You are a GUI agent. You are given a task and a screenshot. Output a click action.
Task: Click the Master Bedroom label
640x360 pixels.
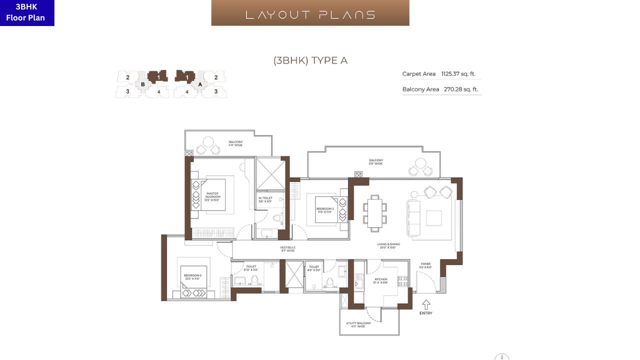tap(212, 196)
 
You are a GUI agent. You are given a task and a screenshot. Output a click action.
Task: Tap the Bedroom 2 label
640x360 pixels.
tap(192, 277)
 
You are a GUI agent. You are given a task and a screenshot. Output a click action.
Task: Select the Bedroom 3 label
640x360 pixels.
tap(324, 210)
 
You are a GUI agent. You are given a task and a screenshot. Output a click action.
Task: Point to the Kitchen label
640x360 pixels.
tap(381, 281)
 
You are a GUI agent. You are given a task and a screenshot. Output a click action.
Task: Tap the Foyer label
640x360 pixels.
tap(425, 265)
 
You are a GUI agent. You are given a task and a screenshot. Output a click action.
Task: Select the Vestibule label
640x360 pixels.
tap(287, 248)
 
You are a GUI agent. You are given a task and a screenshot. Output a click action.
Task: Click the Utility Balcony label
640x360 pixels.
tap(358, 324)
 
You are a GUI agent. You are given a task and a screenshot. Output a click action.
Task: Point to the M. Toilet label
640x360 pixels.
tap(265, 199)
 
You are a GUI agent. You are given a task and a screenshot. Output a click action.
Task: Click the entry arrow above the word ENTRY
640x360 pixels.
tap(426, 304)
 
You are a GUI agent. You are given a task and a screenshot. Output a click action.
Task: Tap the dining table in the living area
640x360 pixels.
tap(375, 212)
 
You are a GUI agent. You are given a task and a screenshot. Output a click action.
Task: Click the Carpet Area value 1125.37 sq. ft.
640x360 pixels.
tap(458, 74)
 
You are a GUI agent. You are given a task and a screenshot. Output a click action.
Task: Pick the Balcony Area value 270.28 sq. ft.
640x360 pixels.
tap(461, 89)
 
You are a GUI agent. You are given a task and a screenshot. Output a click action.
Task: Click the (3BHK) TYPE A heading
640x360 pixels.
tap(310, 61)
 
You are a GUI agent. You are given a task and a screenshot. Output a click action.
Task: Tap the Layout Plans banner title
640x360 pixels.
tap(310, 14)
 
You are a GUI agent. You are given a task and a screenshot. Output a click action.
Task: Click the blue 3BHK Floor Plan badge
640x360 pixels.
tap(27, 13)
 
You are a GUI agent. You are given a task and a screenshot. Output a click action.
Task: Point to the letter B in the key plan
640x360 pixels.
tap(143, 84)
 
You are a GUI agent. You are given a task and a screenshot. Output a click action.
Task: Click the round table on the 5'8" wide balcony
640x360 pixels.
tap(421, 163)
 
